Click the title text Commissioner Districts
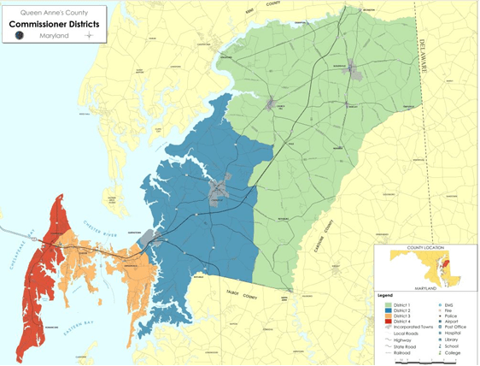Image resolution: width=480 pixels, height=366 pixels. tap(54, 25)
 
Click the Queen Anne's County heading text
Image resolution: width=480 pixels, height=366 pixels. tap(54, 12)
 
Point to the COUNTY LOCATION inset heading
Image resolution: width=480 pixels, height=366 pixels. tap(425, 247)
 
